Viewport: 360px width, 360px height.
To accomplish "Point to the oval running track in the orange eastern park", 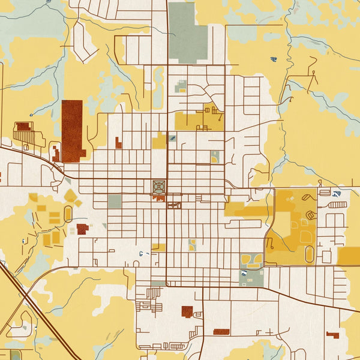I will click(309, 254).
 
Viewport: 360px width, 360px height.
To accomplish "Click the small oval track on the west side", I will click(68, 213).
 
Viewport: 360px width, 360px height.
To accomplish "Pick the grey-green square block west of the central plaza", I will click(115, 202).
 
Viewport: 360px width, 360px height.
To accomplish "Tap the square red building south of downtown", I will click(187, 311).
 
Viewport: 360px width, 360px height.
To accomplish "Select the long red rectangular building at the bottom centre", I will click(221, 332).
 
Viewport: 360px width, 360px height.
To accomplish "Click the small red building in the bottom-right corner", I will click(332, 334).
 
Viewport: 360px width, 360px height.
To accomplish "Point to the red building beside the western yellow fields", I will click(82, 228).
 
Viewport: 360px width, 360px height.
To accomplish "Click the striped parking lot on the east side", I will click(338, 205).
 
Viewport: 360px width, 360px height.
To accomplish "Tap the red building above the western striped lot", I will click(23, 127).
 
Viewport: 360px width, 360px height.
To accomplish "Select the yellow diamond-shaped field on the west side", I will click(71, 194).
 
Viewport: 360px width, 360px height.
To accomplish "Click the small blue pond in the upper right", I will click(274, 59).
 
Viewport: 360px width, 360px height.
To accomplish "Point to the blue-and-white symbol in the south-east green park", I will click(244, 274).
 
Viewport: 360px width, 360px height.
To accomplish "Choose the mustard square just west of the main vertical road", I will click(159, 142).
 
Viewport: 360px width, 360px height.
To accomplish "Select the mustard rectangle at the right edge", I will click(349, 256).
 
